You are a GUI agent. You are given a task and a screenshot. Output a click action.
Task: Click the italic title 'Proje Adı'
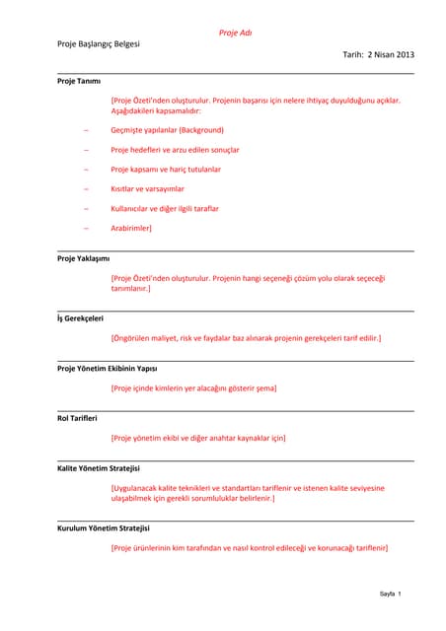[235, 33]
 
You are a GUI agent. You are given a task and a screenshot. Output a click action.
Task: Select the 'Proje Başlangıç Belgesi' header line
[98, 44]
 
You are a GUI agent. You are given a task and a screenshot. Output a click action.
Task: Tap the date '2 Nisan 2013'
[391, 54]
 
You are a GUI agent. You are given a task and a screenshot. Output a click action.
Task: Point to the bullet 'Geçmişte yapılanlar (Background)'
[167, 130]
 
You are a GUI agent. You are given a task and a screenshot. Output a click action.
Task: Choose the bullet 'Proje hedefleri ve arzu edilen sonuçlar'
[175, 150]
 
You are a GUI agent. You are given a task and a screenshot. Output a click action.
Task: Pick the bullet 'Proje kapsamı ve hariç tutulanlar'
[165, 170]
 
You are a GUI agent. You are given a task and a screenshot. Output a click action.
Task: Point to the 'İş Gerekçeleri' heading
[80, 317]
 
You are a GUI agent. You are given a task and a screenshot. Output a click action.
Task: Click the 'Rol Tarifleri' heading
[77, 418]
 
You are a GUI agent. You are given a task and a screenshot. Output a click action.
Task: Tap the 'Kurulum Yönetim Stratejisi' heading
[103, 528]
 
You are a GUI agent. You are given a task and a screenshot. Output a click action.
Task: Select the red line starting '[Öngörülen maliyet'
[246, 338]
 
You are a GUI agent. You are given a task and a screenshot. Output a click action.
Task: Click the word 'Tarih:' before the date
[353, 54]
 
